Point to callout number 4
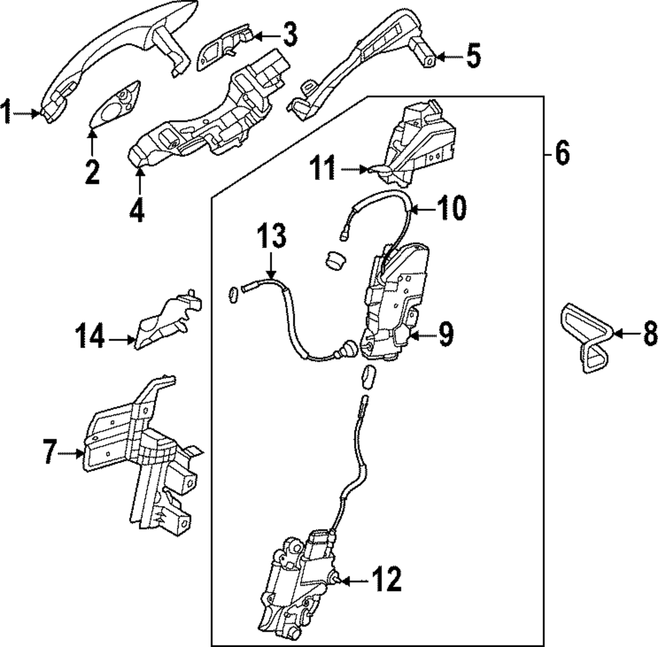137,212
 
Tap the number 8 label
649,333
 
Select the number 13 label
271,237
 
